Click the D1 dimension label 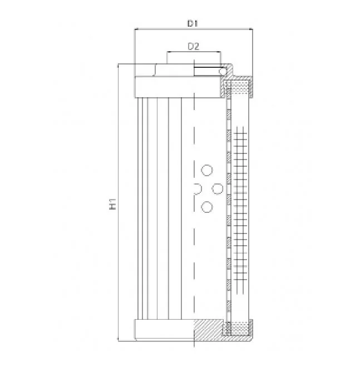tap(193, 23)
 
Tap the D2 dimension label tap(194, 47)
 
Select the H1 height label tap(113, 203)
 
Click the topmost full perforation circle tap(207, 170)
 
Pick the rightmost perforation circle tap(218, 188)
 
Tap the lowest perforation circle tap(207, 207)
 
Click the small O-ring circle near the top tap(223, 71)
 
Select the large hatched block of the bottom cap tap(209, 329)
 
